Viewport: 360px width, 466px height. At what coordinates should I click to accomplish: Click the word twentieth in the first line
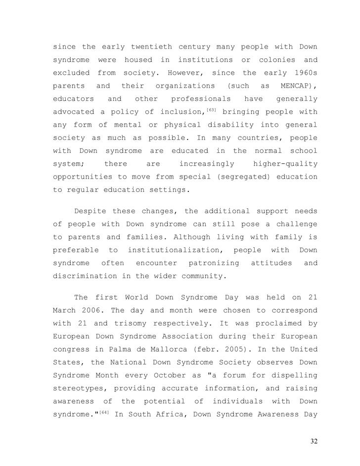click(151, 47)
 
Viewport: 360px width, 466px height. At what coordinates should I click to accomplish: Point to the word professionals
click(201, 98)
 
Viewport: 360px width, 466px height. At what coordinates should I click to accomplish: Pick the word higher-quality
click(285, 163)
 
